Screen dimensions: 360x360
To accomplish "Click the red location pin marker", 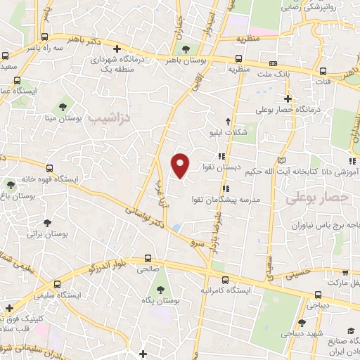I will click(x=181, y=165).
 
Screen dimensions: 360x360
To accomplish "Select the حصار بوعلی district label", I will click(x=318, y=199).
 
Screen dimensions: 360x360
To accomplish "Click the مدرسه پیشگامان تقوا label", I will click(x=226, y=199).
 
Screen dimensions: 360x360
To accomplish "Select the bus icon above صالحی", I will click(x=148, y=258).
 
